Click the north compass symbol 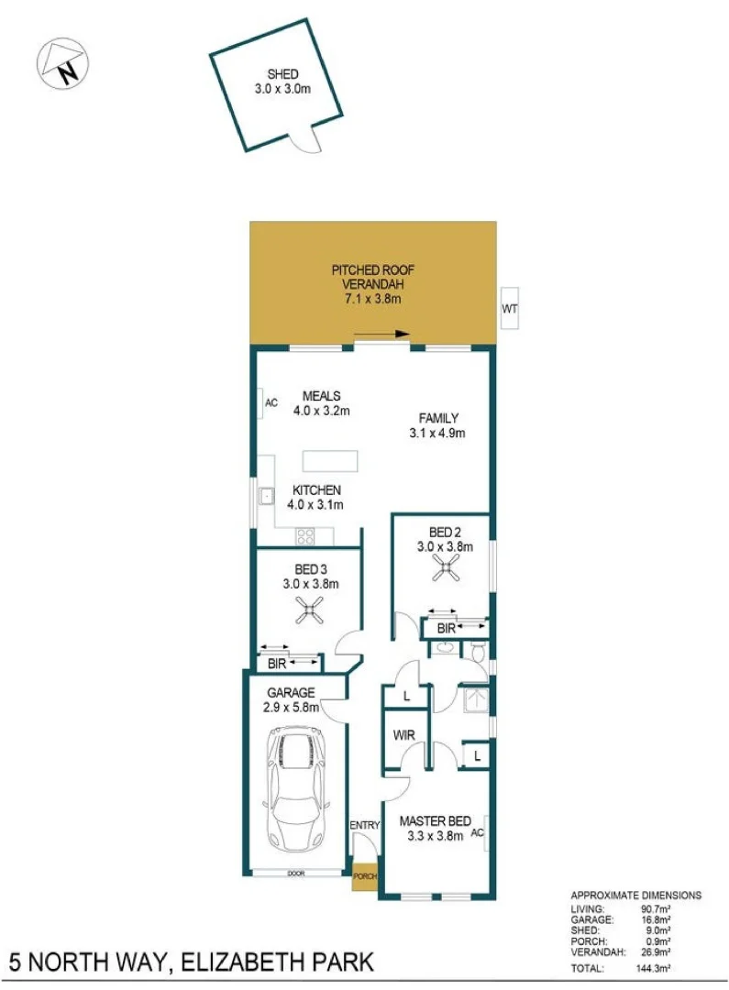coord(61,64)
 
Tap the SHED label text coord(282,74)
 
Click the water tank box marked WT coord(510,310)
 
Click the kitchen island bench coord(330,460)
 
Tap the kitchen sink coord(266,497)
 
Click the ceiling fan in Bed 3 coord(311,610)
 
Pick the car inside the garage coord(294,787)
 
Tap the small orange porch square coord(365,876)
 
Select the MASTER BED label coord(436,820)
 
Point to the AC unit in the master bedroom coord(477,833)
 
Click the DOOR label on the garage coord(295,874)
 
